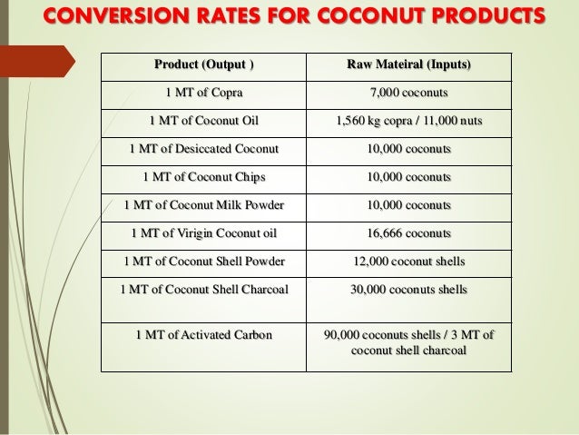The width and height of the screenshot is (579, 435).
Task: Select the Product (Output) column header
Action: click(x=204, y=65)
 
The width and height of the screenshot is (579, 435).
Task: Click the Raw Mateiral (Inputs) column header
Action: click(x=409, y=65)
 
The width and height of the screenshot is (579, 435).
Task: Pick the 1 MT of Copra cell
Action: click(x=204, y=93)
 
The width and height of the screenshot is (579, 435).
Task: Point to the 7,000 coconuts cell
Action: click(x=409, y=93)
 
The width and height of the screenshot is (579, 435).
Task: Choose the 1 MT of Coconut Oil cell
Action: click(x=204, y=121)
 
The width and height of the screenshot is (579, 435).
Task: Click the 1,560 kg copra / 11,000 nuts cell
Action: click(x=409, y=121)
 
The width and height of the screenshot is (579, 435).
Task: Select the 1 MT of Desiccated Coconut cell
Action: click(x=204, y=149)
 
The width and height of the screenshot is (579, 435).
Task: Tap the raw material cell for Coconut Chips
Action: click(x=409, y=177)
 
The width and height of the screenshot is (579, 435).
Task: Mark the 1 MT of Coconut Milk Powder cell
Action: click(x=204, y=205)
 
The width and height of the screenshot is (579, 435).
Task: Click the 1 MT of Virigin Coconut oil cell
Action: click(x=204, y=233)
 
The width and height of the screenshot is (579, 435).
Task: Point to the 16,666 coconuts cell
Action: click(x=409, y=233)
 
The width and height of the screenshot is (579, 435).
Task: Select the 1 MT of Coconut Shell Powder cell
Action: click(x=204, y=262)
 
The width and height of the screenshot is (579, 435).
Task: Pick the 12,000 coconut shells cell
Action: click(x=409, y=262)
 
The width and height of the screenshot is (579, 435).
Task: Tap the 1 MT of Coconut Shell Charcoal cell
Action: click(x=204, y=290)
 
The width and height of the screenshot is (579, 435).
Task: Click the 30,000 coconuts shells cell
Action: click(x=409, y=290)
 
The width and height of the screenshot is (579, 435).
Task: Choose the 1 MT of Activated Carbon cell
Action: click(x=204, y=335)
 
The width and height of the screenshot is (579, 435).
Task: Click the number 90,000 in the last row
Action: click(x=347, y=335)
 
